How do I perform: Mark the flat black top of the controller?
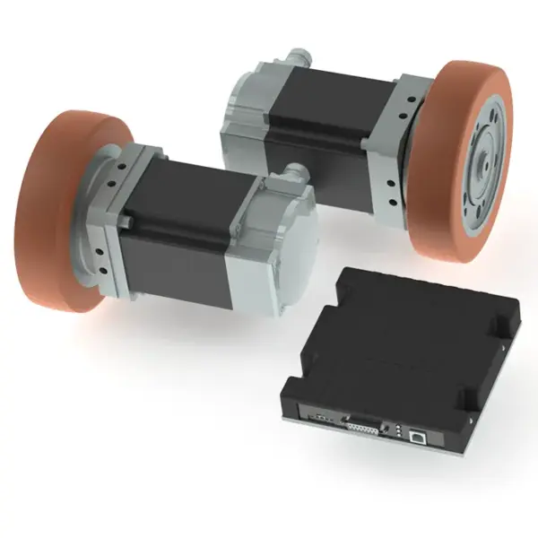(395, 341)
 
